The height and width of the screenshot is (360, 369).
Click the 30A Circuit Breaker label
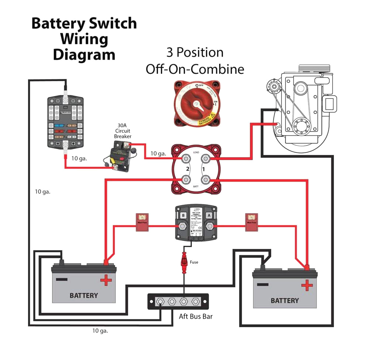(x=122, y=131)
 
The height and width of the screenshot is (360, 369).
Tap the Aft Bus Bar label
(x=196, y=316)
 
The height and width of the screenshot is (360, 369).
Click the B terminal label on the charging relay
(x=182, y=215)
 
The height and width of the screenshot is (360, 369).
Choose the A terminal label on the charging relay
(x=209, y=215)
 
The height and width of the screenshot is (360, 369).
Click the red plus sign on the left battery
(x=106, y=281)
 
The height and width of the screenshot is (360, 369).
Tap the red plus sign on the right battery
(x=306, y=285)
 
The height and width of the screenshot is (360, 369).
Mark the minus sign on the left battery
(x=61, y=279)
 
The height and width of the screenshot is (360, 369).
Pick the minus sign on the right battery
(x=262, y=284)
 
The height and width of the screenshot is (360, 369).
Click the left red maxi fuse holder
(x=142, y=222)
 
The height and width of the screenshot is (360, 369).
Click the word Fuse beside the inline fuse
(x=194, y=262)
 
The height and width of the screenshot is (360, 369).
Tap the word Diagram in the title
(x=84, y=55)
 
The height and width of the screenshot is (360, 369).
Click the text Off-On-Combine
(x=195, y=69)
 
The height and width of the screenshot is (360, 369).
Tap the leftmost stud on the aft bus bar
(x=161, y=301)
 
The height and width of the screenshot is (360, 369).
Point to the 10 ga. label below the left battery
(x=100, y=331)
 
